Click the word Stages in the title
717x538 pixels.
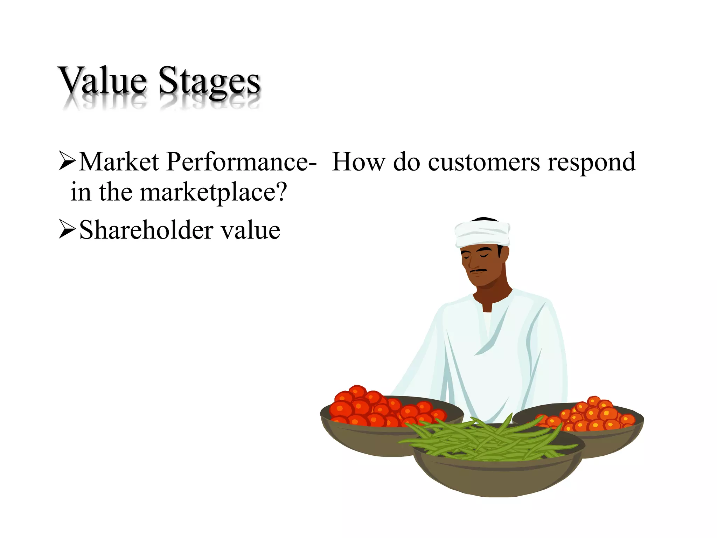[x=209, y=82]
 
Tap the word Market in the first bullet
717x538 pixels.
[x=119, y=162]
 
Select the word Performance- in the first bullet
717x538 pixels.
[x=242, y=162]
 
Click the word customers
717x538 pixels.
[x=484, y=163]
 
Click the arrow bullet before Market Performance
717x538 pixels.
[x=67, y=161]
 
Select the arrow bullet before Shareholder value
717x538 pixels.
[x=67, y=229]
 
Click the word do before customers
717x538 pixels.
[x=406, y=162]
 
